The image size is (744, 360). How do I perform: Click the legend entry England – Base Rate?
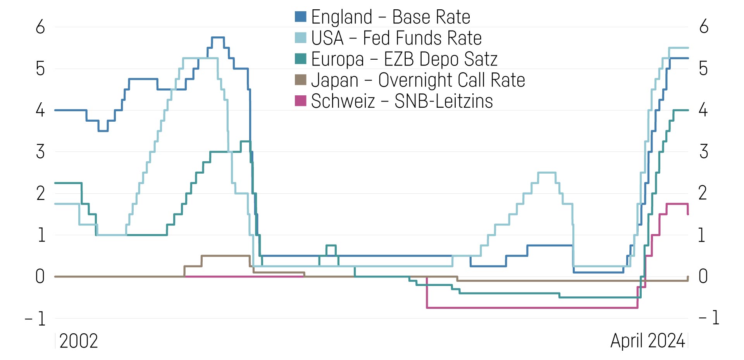pyautogui.click(x=390, y=17)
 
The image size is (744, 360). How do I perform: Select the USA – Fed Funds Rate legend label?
pyautogui.click(x=396, y=38)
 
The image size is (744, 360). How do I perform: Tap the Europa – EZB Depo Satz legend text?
pyautogui.click(x=404, y=59)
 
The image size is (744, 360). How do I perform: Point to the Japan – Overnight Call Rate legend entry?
pyautogui.click(x=418, y=80)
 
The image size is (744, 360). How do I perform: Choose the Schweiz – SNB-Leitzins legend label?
pyautogui.click(x=401, y=101)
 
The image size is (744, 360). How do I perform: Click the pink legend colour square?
pyautogui.click(x=301, y=101)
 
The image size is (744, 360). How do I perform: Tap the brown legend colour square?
pyautogui.click(x=301, y=80)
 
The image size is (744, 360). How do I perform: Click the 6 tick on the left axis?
pyautogui.click(x=40, y=27)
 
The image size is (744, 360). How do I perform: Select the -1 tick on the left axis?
pyautogui.click(x=36, y=319)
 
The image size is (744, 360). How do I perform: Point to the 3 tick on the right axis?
pyautogui.click(x=704, y=152)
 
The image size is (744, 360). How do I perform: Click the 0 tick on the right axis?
pyautogui.click(x=703, y=277)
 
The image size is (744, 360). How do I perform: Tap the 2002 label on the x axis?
pyautogui.click(x=79, y=341)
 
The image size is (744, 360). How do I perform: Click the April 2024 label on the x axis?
pyautogui.click(x=648, y=341)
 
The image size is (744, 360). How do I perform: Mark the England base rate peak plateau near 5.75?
pyautogui.click(x=218, y=38)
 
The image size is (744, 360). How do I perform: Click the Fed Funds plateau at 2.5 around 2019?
pyautogui.click(x=547, y=173)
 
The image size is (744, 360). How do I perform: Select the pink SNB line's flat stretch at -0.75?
pyautogui.click(x=531, y=308)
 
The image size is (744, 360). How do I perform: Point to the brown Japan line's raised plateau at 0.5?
pyautogui.click(x=225, y=256)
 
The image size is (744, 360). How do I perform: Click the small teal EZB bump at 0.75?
pyautogui.click(x=331, y=245)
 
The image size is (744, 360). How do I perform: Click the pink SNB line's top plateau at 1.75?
pyautogui.click(x=677, y=204)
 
